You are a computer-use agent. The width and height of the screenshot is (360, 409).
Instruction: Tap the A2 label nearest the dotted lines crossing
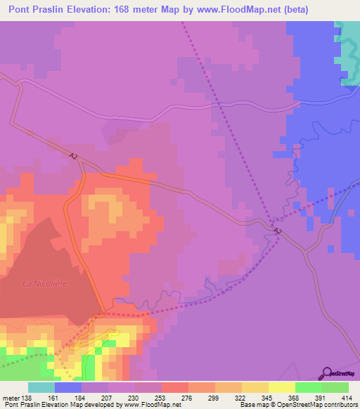pos(277,231)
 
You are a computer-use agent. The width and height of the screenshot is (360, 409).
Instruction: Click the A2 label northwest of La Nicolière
pos(74,156)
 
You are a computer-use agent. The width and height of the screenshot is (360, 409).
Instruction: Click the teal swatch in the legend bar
pos(41,387)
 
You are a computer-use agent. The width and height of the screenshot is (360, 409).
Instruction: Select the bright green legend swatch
pos(308,387)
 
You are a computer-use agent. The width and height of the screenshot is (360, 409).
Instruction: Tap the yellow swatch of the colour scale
pos(281,387)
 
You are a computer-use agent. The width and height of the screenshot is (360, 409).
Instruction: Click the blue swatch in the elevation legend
pos(68,387)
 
